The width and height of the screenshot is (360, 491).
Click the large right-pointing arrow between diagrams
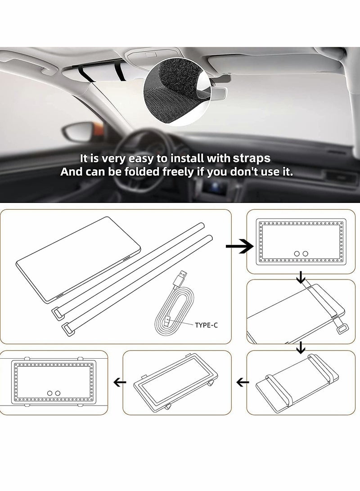(x=235, y=246)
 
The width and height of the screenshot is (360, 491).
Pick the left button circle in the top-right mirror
(x=297, y=254)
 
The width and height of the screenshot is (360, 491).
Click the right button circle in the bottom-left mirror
(x=57, y=392)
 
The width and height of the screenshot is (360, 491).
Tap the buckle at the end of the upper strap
(x=58, y=310)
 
